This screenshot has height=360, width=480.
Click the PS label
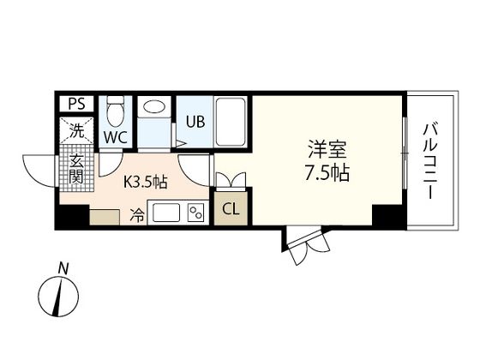click(75, 105)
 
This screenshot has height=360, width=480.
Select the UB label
click(195, 121)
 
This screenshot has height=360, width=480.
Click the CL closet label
click(231, 207)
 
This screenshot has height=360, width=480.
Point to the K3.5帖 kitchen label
click(151, 182)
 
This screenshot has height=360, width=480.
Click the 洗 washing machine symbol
click(76, 132)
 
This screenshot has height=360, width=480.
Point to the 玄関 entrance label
click(76, 169)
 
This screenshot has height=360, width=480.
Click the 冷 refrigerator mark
click(135, 215)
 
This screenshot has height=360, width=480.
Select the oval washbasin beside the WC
click(154, 108)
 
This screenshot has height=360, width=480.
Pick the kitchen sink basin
click(167, 213)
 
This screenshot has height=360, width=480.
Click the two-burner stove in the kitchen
click(196, 212)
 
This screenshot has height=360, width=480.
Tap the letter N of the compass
click(63, 268)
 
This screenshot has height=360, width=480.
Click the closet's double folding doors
click(231, 179)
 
